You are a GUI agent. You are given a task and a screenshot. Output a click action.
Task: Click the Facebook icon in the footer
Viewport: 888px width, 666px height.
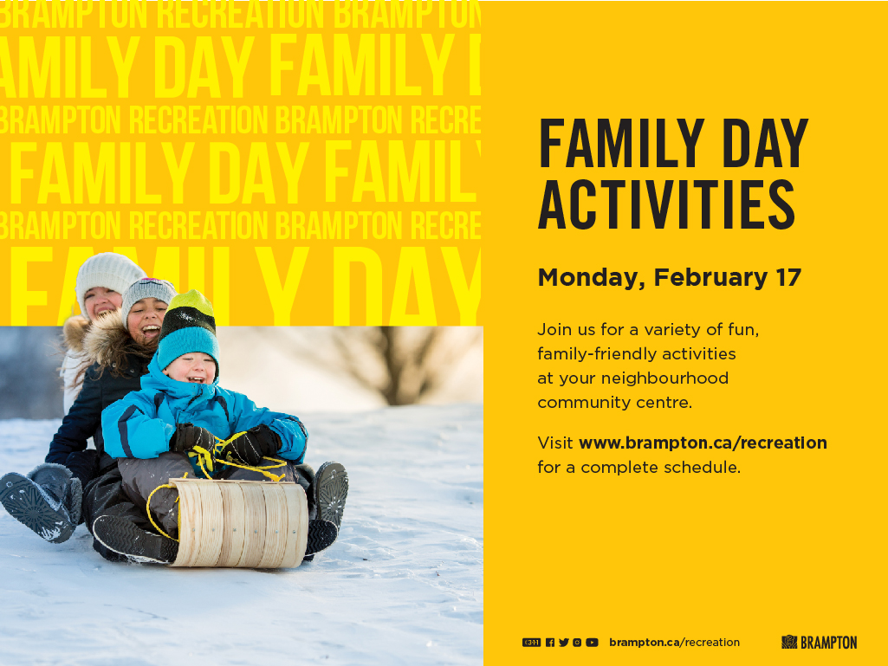click(x=550, y=643)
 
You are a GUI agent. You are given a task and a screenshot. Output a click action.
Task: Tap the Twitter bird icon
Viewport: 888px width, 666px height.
click(x=563, y=643)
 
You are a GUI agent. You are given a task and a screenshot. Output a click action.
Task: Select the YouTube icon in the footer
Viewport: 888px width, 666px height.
click(x=592, y=643)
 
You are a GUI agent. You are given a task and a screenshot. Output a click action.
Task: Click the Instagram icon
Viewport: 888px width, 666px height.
click(x=577, y=643)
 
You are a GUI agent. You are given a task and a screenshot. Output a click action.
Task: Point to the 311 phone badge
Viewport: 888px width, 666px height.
click(x=531, y=643)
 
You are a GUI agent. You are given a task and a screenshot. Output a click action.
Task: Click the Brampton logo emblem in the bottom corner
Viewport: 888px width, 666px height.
click(x=789, y=643)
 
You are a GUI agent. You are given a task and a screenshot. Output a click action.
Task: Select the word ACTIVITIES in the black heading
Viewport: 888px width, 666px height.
click(x=666, y=204)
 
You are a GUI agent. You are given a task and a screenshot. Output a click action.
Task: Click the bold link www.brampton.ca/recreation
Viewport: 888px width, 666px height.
click(x=703, y=443)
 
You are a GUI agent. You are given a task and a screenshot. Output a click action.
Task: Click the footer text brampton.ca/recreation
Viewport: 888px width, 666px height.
click(x=675, y=643)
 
